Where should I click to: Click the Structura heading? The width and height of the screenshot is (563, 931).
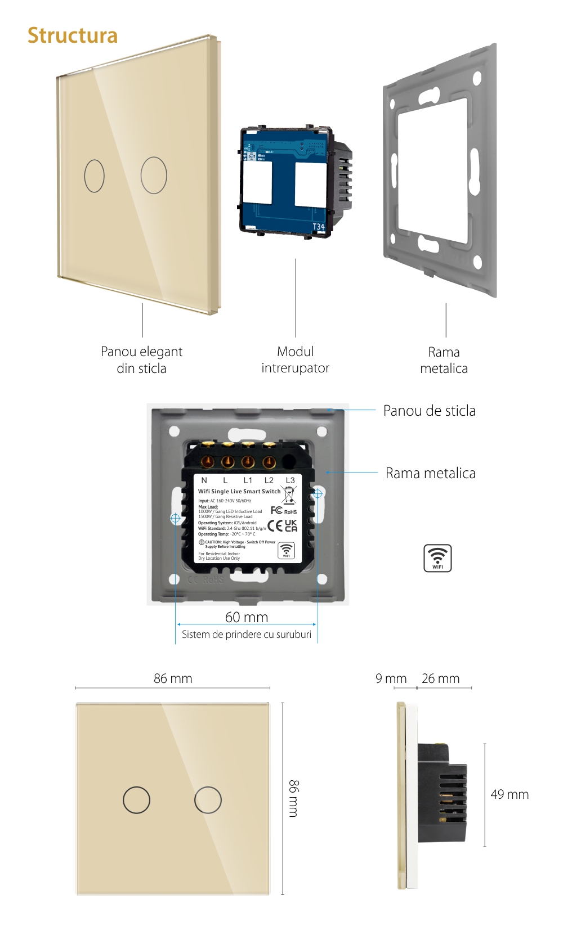pyautogui.click(x=73, y=35)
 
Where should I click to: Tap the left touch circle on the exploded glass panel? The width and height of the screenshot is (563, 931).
pyautogui.click(x=94, y=176)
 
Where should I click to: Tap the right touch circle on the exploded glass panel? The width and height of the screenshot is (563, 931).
pyautogui.click(x=154, y=175)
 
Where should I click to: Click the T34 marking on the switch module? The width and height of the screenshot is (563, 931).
pyautogui.click(x=319, y=227)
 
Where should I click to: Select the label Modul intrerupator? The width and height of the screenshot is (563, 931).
pyautogui.click(x=295, y=359)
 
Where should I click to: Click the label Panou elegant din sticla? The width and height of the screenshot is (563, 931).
pyautogui.click(x=141, y=359)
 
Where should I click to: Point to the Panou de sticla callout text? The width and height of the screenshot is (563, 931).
pyautogui.click(x=429, y=411)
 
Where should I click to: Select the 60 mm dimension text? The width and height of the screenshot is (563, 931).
pyautogui.click(x=247, y=617)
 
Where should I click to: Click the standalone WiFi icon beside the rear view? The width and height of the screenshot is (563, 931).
pyautogui.click(x=437, y=558)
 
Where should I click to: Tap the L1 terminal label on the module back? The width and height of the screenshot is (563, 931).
pyautogui.click(x=248, y=480)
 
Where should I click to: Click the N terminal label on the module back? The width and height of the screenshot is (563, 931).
pyautogui.click(x=204, y=480)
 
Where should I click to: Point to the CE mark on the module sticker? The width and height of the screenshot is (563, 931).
pyautogui.click(x=275, y=525)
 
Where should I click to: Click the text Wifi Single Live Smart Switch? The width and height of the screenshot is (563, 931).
pyautogui.click(x=239, y=491)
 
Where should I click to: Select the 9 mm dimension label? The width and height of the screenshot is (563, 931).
pyautogui.click(x=391, y=678)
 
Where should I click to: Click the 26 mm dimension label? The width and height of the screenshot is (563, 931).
pyautogui.click(x=440, y=678)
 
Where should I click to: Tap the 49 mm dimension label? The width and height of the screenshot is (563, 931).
pyautogui.click(x=510, y=794)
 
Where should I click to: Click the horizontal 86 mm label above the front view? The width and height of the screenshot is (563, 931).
pyautogui.click(x=173, y=678)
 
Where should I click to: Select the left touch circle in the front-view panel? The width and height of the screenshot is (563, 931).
pyautogui.click(x=136, y=799)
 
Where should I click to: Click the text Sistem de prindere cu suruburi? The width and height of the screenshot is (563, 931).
pyautogui.click(x=246, y=635)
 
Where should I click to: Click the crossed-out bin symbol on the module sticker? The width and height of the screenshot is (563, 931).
pyautogui.click(x=289, y=495)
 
